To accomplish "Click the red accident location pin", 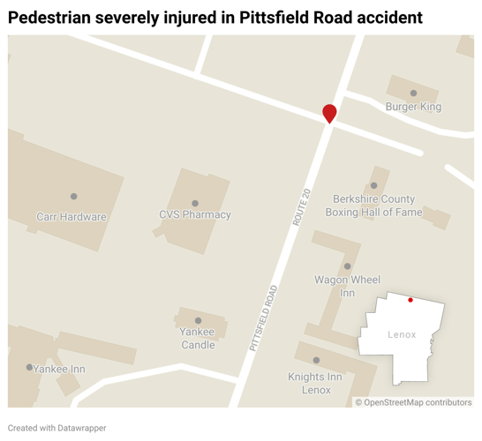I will click(329, 112).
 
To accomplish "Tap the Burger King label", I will click(413, 107).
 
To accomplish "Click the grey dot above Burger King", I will click(413, 93).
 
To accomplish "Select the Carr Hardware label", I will click(72, 216).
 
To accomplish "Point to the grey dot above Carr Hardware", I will click(74, 197).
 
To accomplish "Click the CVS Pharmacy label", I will click(195, 214).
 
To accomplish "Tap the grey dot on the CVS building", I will click(195, 203).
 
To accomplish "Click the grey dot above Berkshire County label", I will click(374, 185).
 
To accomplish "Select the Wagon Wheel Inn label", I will click(347, 286).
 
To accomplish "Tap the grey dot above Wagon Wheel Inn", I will click(348, 265).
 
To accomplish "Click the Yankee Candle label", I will click(198, 339).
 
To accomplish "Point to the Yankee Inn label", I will click(59, 369).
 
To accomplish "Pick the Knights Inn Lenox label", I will click(315, 383).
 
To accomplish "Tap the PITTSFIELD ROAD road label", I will click(263, 319).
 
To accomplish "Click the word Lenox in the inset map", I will click(402, 334).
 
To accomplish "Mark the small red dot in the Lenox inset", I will click(410, 300).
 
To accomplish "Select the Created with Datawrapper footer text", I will click(57, 428).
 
